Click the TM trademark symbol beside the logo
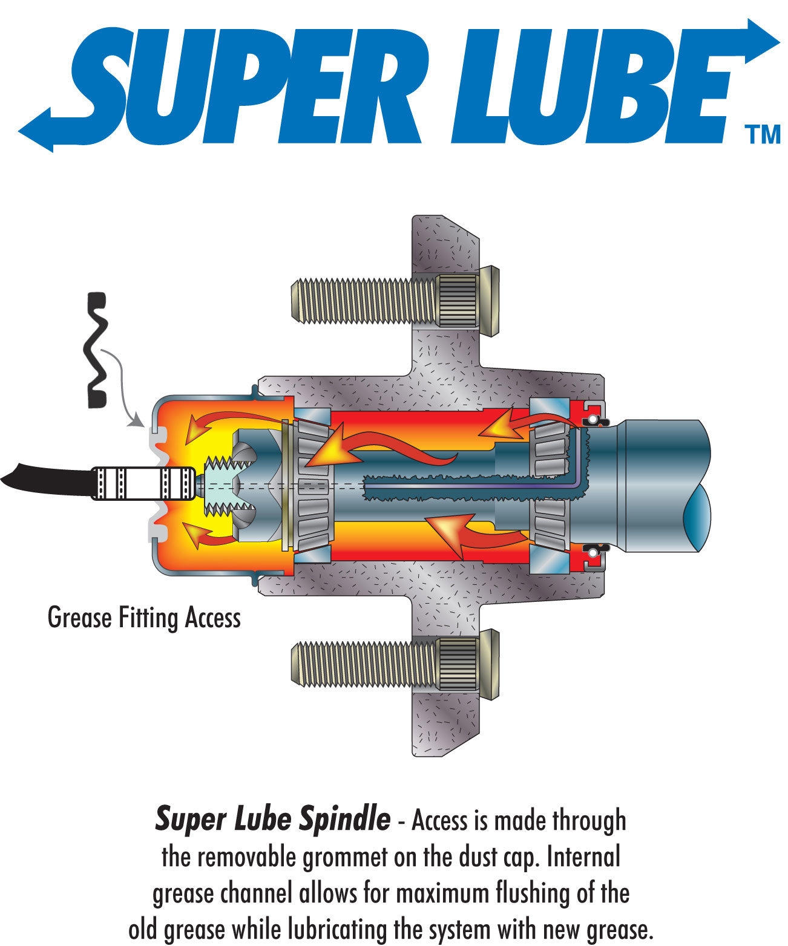pos(762,134)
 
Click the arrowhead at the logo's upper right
pos(762,41)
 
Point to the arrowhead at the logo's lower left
pos(36,131)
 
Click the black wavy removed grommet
pos(96,350)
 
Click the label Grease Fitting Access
pos(143,618)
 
